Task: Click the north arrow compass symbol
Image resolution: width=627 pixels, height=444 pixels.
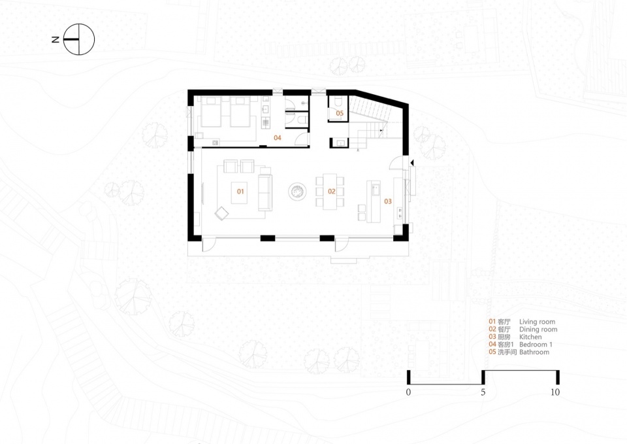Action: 79,39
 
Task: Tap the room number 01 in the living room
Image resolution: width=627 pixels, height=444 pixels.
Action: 240,192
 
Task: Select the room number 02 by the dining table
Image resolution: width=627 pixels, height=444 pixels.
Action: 332,192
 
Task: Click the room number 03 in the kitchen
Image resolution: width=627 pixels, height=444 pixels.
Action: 388,201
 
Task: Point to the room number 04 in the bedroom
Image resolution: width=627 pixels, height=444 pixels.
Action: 278,138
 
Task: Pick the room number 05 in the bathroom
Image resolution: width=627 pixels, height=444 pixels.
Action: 340,113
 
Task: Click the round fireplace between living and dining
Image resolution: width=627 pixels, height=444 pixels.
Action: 297,192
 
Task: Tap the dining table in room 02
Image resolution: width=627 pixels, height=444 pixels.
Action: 330,192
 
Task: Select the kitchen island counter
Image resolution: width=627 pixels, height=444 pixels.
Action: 374,201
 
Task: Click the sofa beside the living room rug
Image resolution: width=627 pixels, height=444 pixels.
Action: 265,189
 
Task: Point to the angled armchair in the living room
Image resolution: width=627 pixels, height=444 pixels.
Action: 221,213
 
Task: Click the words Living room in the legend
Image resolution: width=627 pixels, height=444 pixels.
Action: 537,322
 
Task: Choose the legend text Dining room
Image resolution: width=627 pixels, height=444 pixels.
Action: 538,329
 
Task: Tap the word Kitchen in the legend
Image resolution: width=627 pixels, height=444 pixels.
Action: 530,337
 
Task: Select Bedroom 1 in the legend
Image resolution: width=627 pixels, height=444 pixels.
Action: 536,345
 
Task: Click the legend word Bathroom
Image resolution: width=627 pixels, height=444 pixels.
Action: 534,352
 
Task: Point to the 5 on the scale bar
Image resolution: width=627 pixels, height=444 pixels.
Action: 483,392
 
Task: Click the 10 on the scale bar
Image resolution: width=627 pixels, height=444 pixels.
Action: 555,392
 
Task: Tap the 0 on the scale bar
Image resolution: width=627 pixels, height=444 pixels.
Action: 408,392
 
